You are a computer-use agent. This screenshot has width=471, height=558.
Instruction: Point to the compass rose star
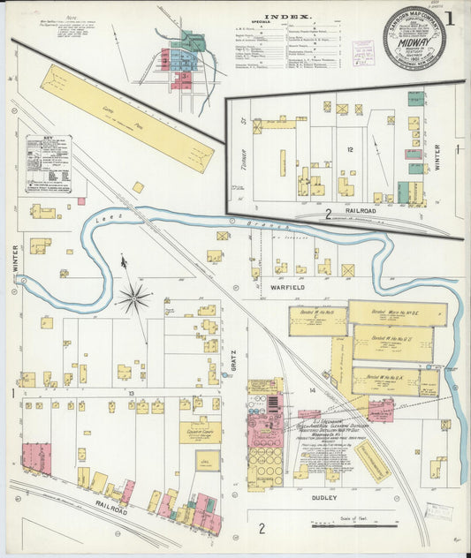tap(133, 297)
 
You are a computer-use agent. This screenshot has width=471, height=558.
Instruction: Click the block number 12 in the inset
tap(350, 151)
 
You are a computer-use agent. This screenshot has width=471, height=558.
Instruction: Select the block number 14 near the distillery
tap(311, 389)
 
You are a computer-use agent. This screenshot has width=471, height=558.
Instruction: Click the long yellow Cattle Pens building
tap(126, 117)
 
